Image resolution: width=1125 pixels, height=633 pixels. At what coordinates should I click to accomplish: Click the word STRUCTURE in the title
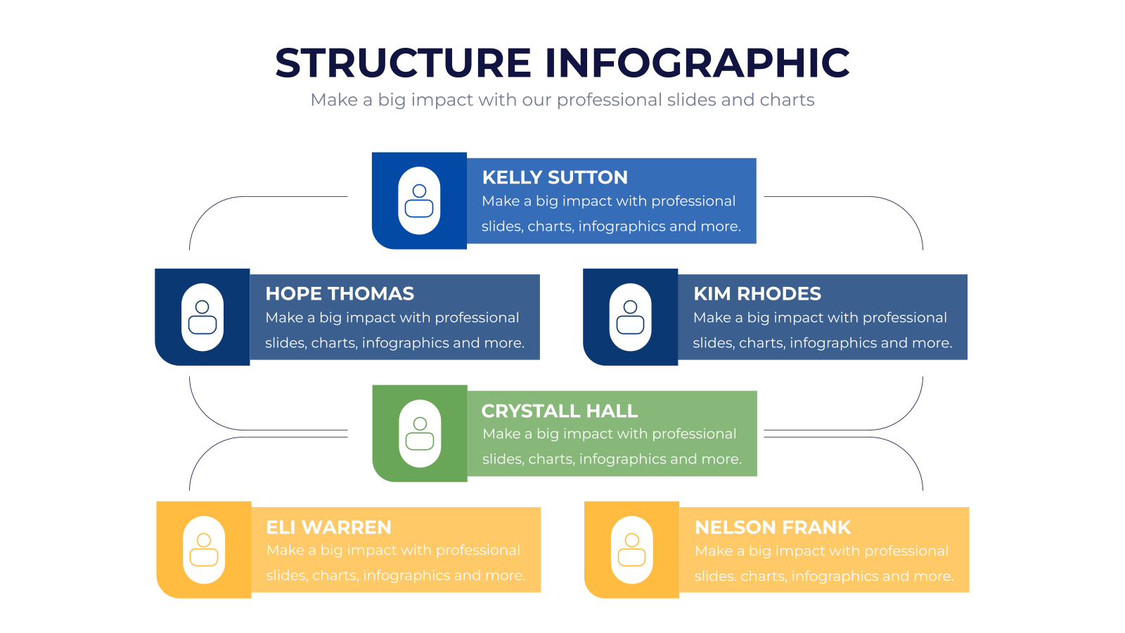click(404, 63)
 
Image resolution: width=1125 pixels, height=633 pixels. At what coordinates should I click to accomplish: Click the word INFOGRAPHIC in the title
click(697, 63)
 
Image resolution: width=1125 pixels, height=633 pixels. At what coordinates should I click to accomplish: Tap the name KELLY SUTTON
click(555, 177)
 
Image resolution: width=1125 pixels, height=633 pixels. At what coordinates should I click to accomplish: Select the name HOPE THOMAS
click(340, 294)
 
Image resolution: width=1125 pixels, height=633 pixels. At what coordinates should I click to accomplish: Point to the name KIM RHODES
click(757, 294)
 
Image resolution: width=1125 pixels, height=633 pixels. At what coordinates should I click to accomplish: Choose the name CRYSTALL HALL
click(560, 411)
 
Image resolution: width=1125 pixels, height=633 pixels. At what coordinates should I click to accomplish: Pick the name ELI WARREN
click(328, 527)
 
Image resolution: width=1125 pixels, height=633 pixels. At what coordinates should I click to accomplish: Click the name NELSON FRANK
click(773, 527)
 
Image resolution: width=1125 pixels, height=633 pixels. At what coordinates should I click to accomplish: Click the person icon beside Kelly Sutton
click(419, 201)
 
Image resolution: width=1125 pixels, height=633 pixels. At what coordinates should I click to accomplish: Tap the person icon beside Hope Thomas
click(202, 317)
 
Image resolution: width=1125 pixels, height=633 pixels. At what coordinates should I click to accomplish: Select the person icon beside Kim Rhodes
click(630, 317)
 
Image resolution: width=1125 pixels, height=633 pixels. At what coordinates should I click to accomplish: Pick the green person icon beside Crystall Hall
click(420, 433)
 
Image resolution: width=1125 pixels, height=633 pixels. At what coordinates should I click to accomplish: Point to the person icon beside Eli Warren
click(204, 550)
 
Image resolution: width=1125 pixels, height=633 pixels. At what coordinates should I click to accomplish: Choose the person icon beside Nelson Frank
click(632, 550)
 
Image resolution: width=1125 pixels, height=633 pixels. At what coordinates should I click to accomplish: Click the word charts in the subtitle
click(787, 100)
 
